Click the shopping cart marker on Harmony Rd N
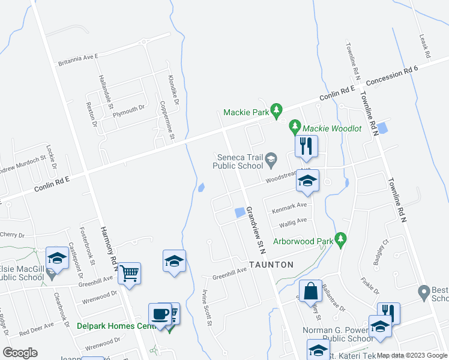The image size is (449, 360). coord(130,274)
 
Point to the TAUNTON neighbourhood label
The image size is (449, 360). coord(271,265)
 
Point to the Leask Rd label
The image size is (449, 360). coord(424,46)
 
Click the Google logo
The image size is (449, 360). coord(20,352)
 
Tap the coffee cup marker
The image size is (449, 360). coord(160,314)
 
